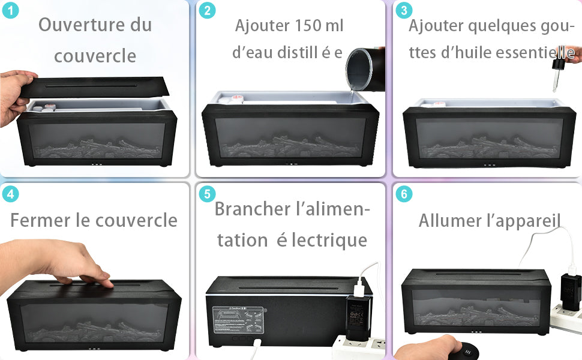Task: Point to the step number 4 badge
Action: [10, 194]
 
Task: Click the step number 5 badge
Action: [207, 194]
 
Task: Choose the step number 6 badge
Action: [404, 194]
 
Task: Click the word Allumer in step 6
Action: [450, 220]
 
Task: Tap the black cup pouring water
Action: [365, 68]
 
